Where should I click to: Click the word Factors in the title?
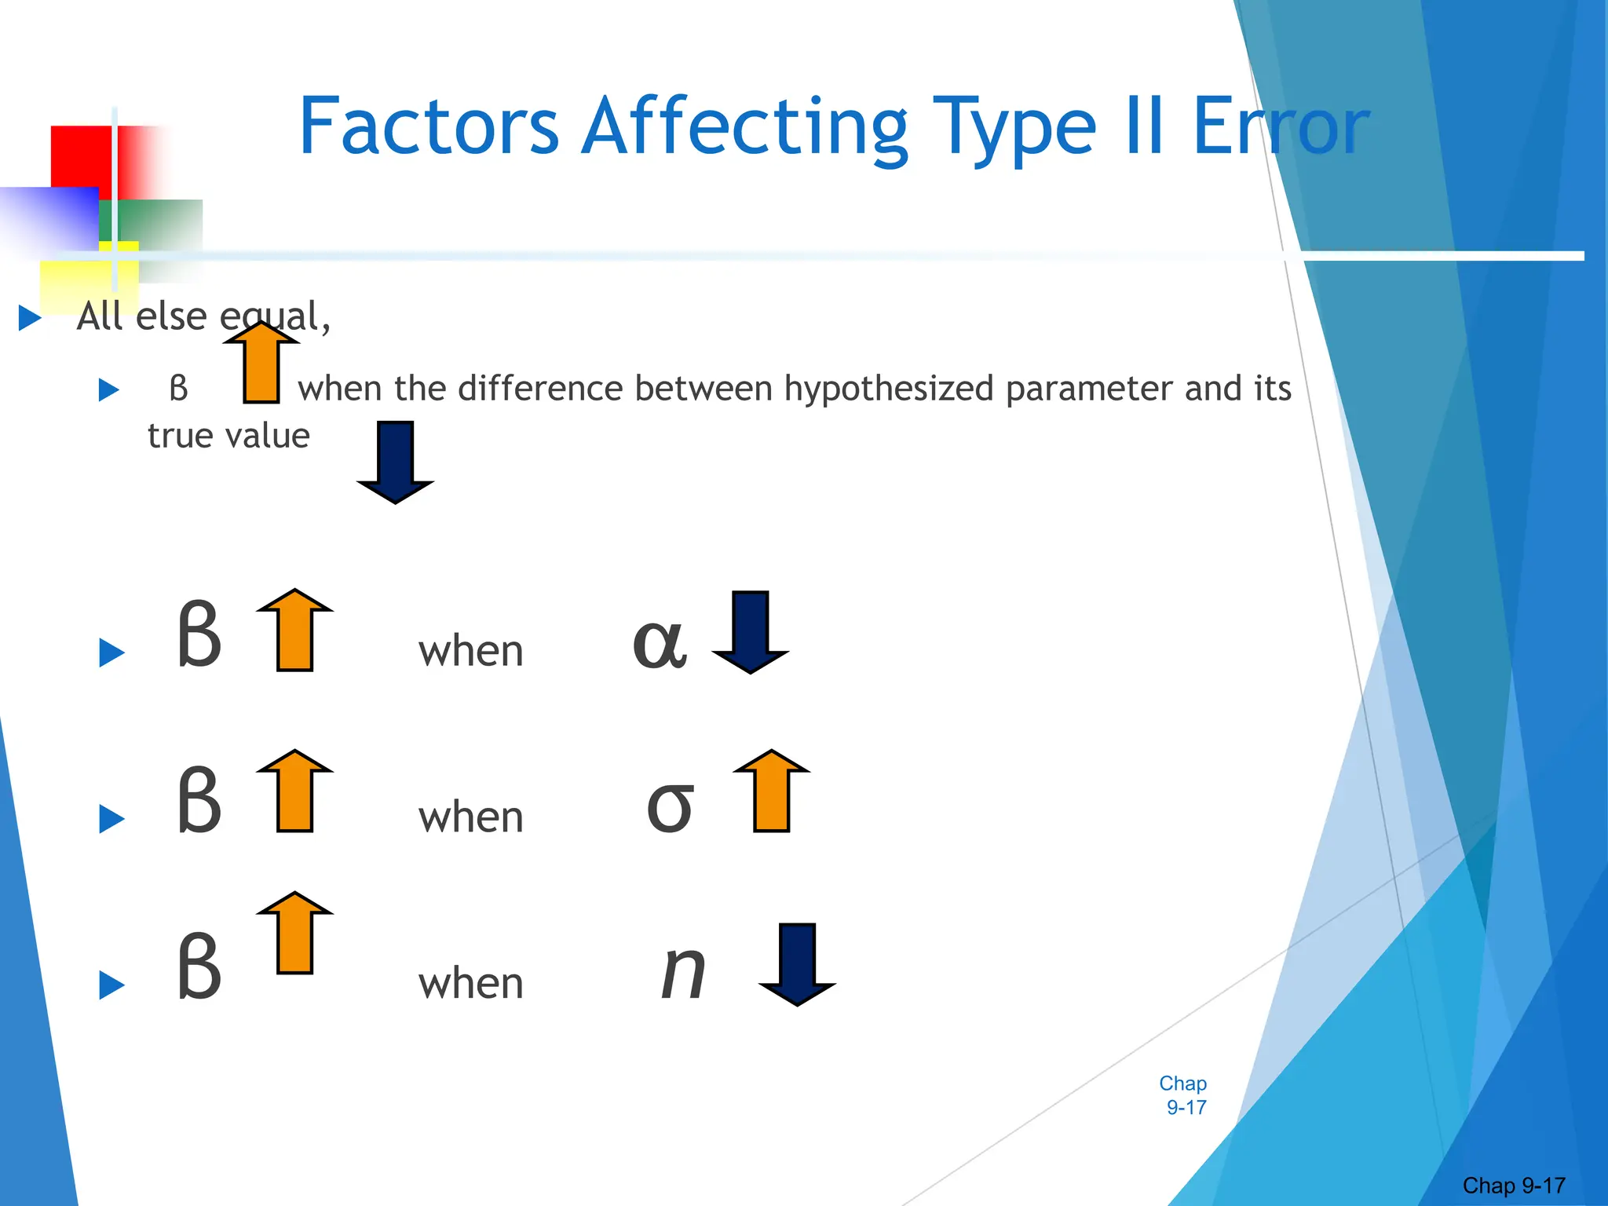click(x=428, y=126)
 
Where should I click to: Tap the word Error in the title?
click(x=1280, y=126)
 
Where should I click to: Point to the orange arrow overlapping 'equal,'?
click(x=261, y=362)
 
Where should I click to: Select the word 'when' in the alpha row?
click(x=470, y=652)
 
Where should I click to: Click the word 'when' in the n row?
click(x=470, y=984)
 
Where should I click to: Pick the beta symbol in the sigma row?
click(x=199, y=801)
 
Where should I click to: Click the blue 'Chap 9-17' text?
click(x=1184, y=1095)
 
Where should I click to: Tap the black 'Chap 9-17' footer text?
click(x=1514, y=1185)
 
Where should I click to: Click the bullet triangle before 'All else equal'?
click(x=30, y=318)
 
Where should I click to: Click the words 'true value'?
click(x=228, y=436)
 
